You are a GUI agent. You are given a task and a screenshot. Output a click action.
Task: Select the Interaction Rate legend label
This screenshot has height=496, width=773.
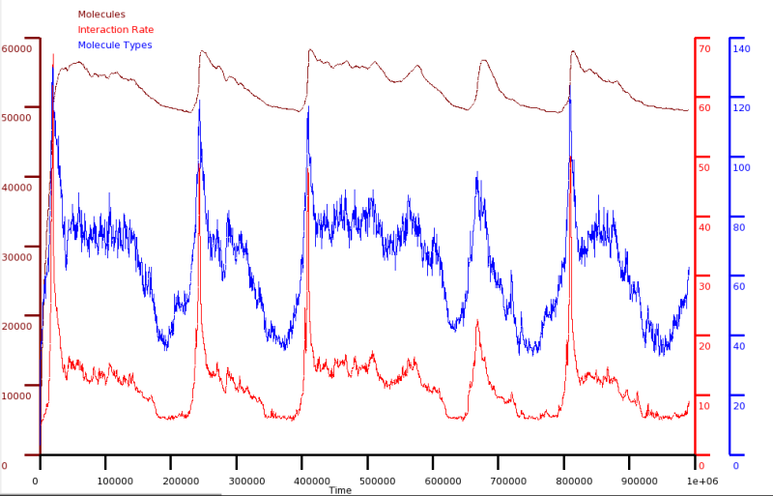pyautogui.click(x=115, y=29)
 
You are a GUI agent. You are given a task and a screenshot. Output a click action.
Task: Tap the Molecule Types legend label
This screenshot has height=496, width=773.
pyautogui.click(x=114, y=44)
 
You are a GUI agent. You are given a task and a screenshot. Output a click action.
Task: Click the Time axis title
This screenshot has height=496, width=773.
pyautogui.click(x=339, y=490)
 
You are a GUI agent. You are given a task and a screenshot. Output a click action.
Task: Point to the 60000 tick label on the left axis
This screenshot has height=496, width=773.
pyautogui.click(x=17, y=48)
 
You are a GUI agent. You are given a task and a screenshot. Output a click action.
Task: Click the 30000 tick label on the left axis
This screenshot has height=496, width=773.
pyautogui.click(x=17, y=257)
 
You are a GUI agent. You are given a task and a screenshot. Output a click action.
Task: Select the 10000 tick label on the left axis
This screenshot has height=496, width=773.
pyautogui.click(x=17, y=396)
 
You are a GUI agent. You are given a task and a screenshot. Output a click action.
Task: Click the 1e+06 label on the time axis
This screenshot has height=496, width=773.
pyautogui.click(x=701, y=481)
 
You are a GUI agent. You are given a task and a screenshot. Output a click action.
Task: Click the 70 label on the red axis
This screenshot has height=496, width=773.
pyautogui.click(x=704, y=48)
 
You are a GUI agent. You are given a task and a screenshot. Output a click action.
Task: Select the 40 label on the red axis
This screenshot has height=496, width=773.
pyautogui.click(x=704, y=227)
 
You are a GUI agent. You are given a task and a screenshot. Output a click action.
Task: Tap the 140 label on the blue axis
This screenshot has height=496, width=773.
pyautogui.click(x=741, y=48)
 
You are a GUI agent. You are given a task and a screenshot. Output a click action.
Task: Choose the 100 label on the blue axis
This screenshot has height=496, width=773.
pyautogui.click(x=741, y=167)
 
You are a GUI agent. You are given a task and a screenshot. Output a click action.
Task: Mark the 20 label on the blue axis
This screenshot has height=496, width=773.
pyautogui.click(x=739, y=406)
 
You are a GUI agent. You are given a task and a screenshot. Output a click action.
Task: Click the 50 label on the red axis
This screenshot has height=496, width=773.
pyautogui.click(x=704, y=167)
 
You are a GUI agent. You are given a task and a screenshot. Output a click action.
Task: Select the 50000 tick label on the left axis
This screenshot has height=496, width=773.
pyautogui.click(x=17, y=118)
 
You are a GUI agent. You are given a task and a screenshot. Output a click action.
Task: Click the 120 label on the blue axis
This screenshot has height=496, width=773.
pyautogui.click(x=741, y=107)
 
